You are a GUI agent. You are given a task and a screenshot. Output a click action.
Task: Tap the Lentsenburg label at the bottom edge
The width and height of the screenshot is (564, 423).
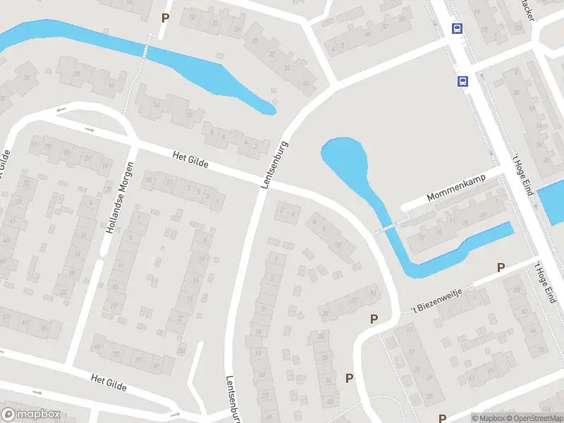pos(231,399)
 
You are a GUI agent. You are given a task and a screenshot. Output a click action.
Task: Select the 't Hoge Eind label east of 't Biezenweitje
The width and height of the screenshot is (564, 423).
pos(546,282)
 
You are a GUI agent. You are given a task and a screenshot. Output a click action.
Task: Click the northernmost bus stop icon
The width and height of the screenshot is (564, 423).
pos(458,28)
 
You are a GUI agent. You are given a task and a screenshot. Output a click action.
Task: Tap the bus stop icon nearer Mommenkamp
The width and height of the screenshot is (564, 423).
pos(463,81)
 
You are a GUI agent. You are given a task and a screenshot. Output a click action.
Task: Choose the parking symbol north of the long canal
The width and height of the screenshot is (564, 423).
pos(166,18)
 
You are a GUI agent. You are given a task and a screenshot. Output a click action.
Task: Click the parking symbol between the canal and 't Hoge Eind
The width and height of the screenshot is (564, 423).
pos(501,267)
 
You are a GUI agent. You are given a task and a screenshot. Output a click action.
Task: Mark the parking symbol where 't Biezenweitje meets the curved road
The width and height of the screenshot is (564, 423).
pos(374,319)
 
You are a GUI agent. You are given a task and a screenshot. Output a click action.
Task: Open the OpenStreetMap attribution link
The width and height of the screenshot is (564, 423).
pos(535,418)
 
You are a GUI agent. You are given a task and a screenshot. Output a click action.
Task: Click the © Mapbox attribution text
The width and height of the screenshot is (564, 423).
pos(489,418)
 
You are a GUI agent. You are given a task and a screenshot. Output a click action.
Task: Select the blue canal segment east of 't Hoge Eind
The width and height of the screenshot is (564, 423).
pos(551,202)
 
